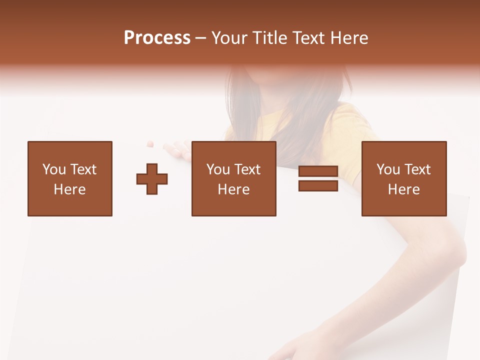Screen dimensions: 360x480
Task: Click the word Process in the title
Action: (157, 38)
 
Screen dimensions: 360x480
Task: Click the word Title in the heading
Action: (269, 38)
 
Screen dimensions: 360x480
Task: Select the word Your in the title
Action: (230, 38)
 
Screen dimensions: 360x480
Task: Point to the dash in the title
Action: (201, 38)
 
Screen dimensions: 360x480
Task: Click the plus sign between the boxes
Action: (152, 179)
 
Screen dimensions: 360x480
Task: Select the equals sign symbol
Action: (318, 178)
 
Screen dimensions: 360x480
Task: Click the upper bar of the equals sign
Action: (318, 171)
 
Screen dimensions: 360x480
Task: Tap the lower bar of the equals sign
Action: (318, 185)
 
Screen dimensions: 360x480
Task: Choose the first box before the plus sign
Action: (70, 178)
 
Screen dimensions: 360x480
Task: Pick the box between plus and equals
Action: (233, 178)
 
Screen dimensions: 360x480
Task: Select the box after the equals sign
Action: (403, 178)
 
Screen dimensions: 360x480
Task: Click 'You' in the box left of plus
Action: (54, 169)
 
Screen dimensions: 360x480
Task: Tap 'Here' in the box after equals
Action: (403, 189)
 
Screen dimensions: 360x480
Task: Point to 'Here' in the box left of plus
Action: (69, 189)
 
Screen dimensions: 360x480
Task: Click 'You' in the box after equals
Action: (388, 169)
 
